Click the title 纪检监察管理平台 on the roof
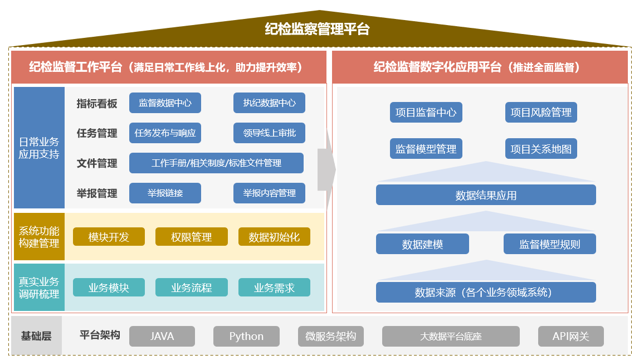(x=317, y=30)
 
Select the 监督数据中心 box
(x=165, y=103)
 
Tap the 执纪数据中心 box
(x=270, y=103)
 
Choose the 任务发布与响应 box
(x=165, y=133)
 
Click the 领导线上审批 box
(x=270, y=133)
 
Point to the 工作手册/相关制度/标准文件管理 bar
(x=216, y=163)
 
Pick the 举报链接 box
(x=165, y=193)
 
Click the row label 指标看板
(x=97, y=104)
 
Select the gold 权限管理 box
(x=192, y=237)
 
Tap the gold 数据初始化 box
(x=274, y=237)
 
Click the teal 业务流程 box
(x=192, y=288)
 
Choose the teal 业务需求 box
(x=274, y=288)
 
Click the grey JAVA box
(x=162, y=337)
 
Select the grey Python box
(x=247, y=337)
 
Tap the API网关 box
(x=571, y=337)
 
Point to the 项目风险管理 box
(x=541, y=112)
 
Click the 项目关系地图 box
(x=541, y=148)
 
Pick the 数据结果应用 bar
(x=486, y=195)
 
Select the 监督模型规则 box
(x=550, y=244)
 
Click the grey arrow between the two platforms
(x=327, y=169)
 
